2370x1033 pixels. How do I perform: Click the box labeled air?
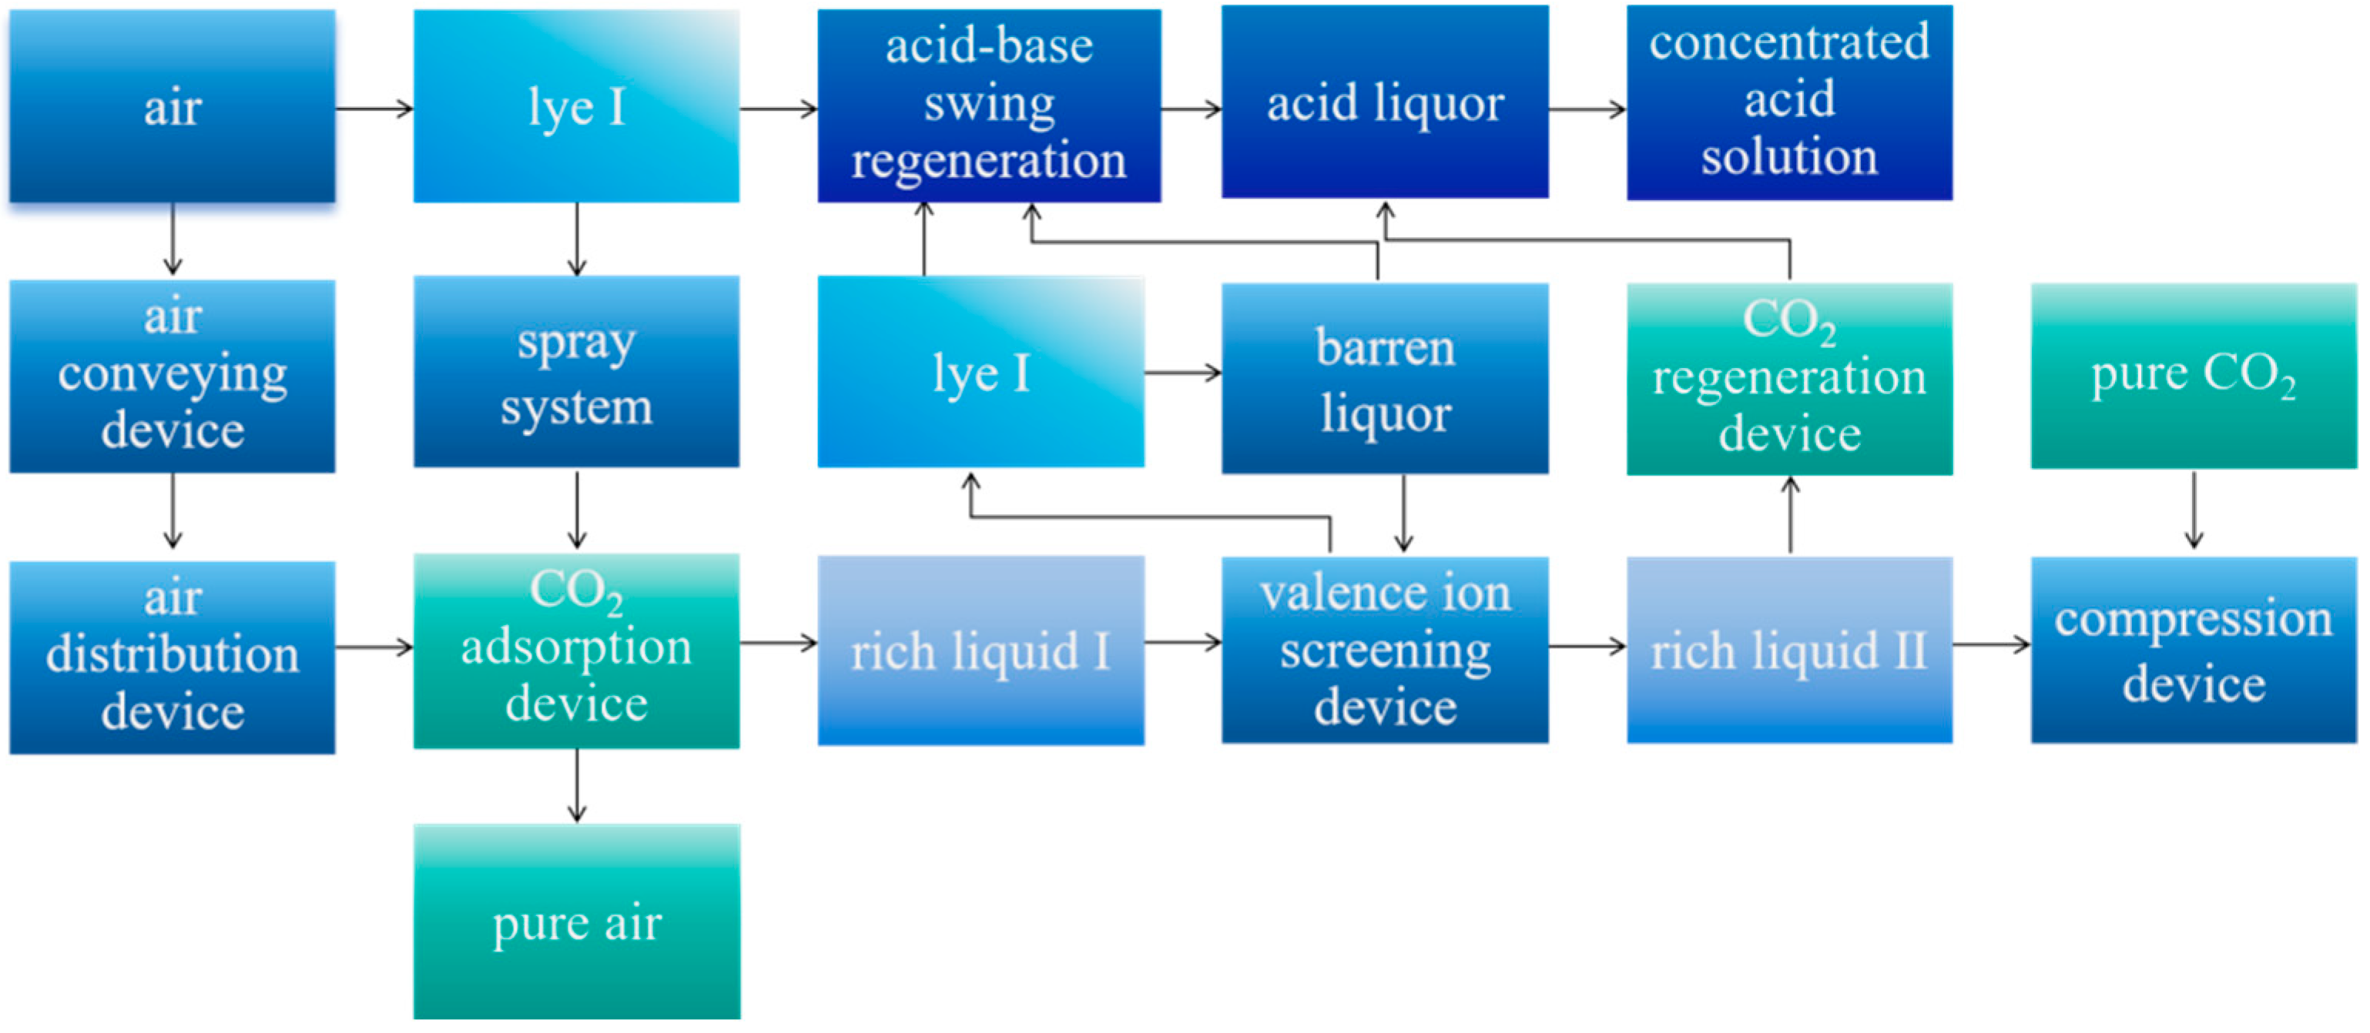pyautogui.click(x=172, y=105)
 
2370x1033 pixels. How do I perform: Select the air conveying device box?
pyautogui.click(x=172, y=376)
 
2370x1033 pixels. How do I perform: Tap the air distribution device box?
pyautogui.click(x=172, y=657)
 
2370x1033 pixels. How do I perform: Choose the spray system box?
pyautogui.click(x=576, y=372)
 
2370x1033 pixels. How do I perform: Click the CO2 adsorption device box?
pyautogui.click(x=576, y=650)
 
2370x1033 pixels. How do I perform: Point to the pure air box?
pyautogui.click(x=576, y=921)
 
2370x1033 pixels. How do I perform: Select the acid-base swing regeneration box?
pyautogui.click(x=988, y=105)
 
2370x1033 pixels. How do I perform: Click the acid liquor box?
pyautogui.click(x=1384, y=102)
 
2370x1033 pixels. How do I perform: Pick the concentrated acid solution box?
pyautogui.click(x=1788, y=102)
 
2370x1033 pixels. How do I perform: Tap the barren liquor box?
pyautogui.click(x=1384, y=378)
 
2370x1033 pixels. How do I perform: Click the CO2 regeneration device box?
pyautogui.click(x=1788, y=378)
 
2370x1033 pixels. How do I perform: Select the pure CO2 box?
pyautogui.click(x=2194, y=376)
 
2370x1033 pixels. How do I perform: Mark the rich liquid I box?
pyautogui.click(x=980, y=650)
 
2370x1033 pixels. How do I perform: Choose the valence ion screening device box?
pyautogui.click(x=1384, y=650)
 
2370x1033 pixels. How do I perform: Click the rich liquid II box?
pyautogui.click(x=1788, y=650)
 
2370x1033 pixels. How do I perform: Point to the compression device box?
pyautogui.click(x=2194, y=650)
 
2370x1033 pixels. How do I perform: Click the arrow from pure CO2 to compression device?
pyautogui.click(x=2194, y=510)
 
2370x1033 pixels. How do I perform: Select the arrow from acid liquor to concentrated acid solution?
pyautogui.click(x=1586, y=109)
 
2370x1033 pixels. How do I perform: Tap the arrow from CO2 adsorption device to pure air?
pyautogui.click(x=577, y=784)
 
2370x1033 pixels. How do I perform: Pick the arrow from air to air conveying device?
pyautogui.click(x=172, y=239)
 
